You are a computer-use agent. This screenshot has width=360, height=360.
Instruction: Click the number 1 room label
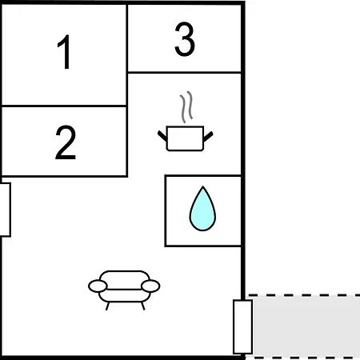tap(65, 52)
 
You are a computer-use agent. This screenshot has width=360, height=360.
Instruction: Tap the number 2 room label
tap(66, 142)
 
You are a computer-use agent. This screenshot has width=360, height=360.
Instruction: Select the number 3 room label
tap(185, 39)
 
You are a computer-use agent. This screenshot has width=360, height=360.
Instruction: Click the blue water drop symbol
tap(202, 209)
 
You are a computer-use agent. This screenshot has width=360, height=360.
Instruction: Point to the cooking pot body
tap(185, 138)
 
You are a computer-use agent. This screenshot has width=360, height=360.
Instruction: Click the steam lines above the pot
tap(186, 106)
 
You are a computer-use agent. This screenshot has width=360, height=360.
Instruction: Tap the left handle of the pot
tap(162, 136)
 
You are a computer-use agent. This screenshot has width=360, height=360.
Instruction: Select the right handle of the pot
tap(208, 136)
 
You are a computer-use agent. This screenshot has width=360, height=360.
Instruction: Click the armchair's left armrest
tap(98, 286)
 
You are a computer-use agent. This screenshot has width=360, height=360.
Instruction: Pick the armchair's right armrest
tap(150, 286)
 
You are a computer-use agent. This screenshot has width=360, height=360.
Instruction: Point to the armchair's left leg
tap(107, 306)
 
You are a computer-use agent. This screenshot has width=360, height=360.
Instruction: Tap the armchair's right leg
tap(143, 306)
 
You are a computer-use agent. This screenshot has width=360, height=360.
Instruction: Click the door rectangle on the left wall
tap(6, 210)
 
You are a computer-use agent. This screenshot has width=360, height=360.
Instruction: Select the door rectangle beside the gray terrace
tap(242, 327)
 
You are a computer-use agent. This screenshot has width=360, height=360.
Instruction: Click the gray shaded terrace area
tap(306, 326)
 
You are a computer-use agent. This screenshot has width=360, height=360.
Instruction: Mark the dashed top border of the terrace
tap(304, 295)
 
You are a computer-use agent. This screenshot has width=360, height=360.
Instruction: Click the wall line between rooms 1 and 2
tap(64, 106)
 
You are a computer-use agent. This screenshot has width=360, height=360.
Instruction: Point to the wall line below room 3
tap(185, 72)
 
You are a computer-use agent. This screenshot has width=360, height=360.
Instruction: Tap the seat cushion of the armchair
tap(124, 295)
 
